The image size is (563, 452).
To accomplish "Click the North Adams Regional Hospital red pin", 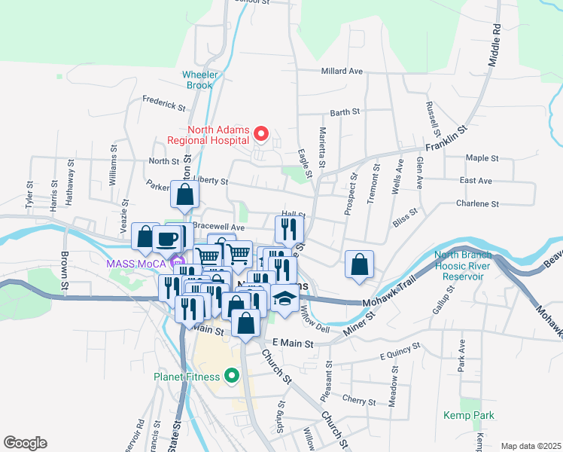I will pyautogui.click(x=262, y=134).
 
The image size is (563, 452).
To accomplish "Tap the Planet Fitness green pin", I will pyautogui.click(x=232, y=374).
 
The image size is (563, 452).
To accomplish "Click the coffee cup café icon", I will pyautogui.click(x=166, y=239).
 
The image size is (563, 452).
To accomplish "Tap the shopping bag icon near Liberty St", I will pyautogui.click(x=184, y=195).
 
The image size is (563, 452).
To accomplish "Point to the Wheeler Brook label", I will pyautogui.click(x=199, y=80).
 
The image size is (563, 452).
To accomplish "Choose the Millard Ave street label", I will pyautogui.click(x=342, y=71).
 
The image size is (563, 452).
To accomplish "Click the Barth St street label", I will pyautogui.click(x=345, y=112).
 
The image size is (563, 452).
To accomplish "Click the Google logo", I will pyautogui.click(x=25, y=442).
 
